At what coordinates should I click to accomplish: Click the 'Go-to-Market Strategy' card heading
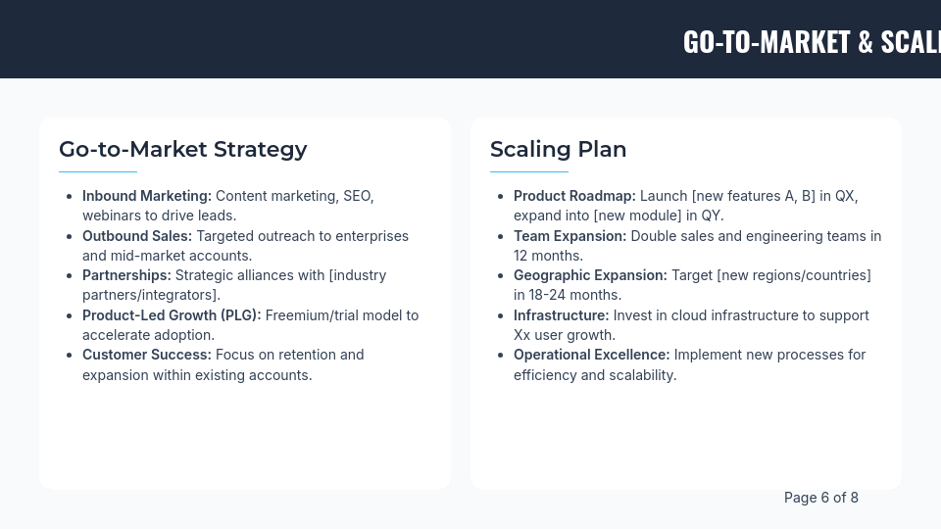pyautogui.click(x=182, y=149)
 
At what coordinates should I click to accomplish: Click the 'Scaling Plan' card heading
pyautogui.click(x=558, y=149)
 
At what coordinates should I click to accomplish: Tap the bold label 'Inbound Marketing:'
pyautogui.click(x=147, y=196)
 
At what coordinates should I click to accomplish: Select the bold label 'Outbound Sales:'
pyautogui.click(x=137, y=236)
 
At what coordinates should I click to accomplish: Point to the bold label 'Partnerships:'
pyautogui.click(x=126, y=275)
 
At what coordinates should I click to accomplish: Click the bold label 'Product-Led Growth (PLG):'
pyautogui.click(x=172, y=315)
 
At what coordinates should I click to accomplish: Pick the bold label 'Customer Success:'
pyautogui.click(x=147, y=355)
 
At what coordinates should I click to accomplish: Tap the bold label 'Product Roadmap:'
pyautogui.click(x=574, y=196)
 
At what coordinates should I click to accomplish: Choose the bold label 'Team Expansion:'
pyautogui.click(x=570, y=236)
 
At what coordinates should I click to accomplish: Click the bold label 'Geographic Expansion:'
pyautogui.click(x=590, y=275)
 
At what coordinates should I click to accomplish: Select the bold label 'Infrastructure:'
pyautogui.click(x=561, y=315)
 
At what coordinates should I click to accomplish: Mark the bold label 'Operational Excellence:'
pyautogui.click(x=591, y=355)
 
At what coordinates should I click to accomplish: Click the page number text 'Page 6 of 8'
pyautogui.click(x=820, y=498)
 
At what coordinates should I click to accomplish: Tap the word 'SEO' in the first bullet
pyautogui.click(x=356, y=196)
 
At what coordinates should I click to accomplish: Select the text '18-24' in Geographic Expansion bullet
pyautogui.click(x=550, y=295)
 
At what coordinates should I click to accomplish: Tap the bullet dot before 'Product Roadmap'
pyautogui.click(x=501, y=196)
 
